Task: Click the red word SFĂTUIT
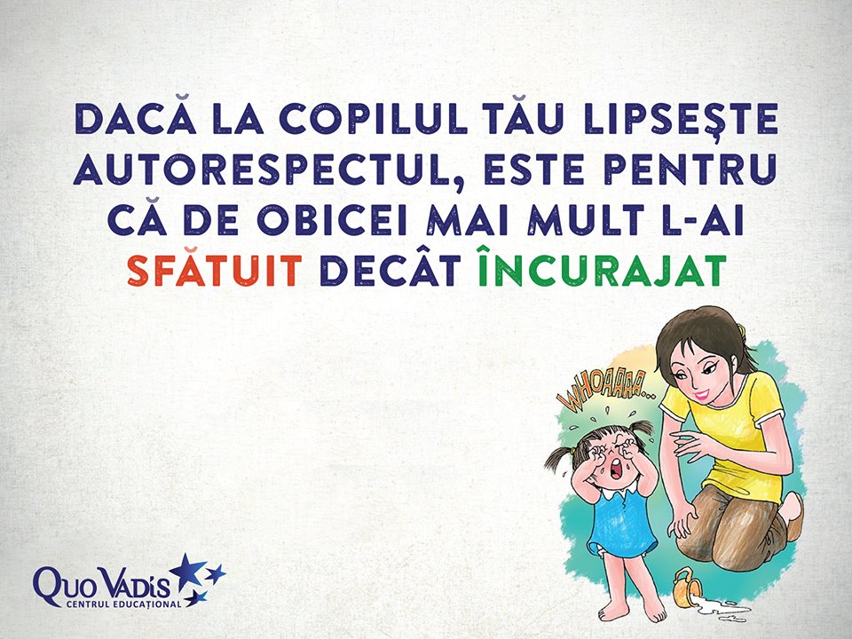coord(215,270)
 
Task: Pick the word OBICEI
coord(331,220)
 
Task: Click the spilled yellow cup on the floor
coord(687,587)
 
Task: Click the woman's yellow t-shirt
coord(730,430)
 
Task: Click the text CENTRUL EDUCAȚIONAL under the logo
coord(123,604)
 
